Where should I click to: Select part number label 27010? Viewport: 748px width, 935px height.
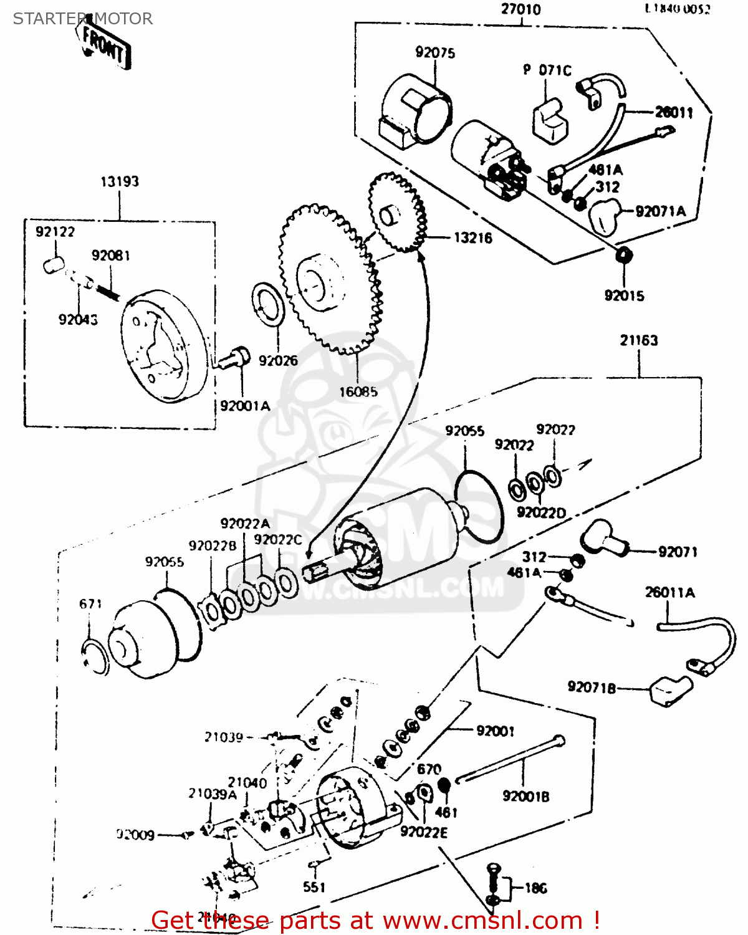click(520, 10)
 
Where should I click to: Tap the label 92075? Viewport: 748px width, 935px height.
click(435, 53)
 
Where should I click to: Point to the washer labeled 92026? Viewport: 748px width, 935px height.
click(269, 304)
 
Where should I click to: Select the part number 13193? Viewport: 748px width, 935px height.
click(120, 182)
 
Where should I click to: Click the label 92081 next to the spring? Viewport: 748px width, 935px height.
click(110, 256)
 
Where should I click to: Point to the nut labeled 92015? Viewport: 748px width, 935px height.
click(622, 254)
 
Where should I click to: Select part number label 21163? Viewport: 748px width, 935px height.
click(638, 340)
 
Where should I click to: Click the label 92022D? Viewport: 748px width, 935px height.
click(541, 512)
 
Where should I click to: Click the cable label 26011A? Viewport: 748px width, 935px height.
click(669, 592)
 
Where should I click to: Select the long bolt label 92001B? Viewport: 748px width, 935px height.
click(525, 797)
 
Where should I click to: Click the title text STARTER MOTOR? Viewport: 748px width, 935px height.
click(82, 19)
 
